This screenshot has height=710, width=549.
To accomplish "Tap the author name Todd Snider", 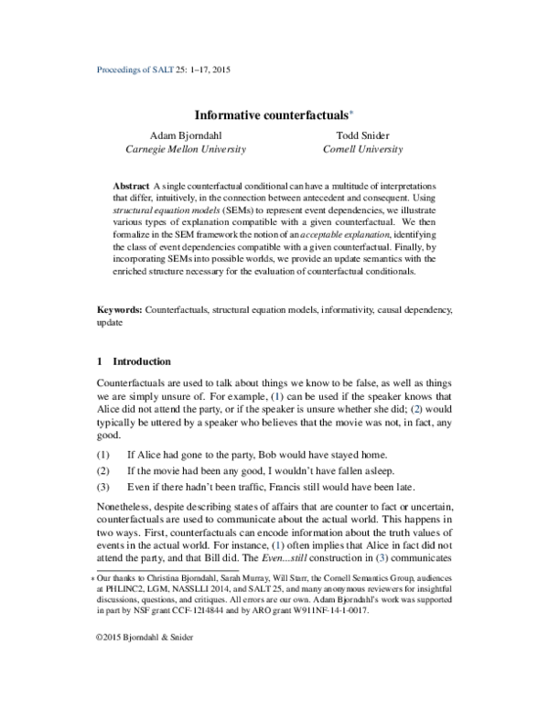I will [361, 134].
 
